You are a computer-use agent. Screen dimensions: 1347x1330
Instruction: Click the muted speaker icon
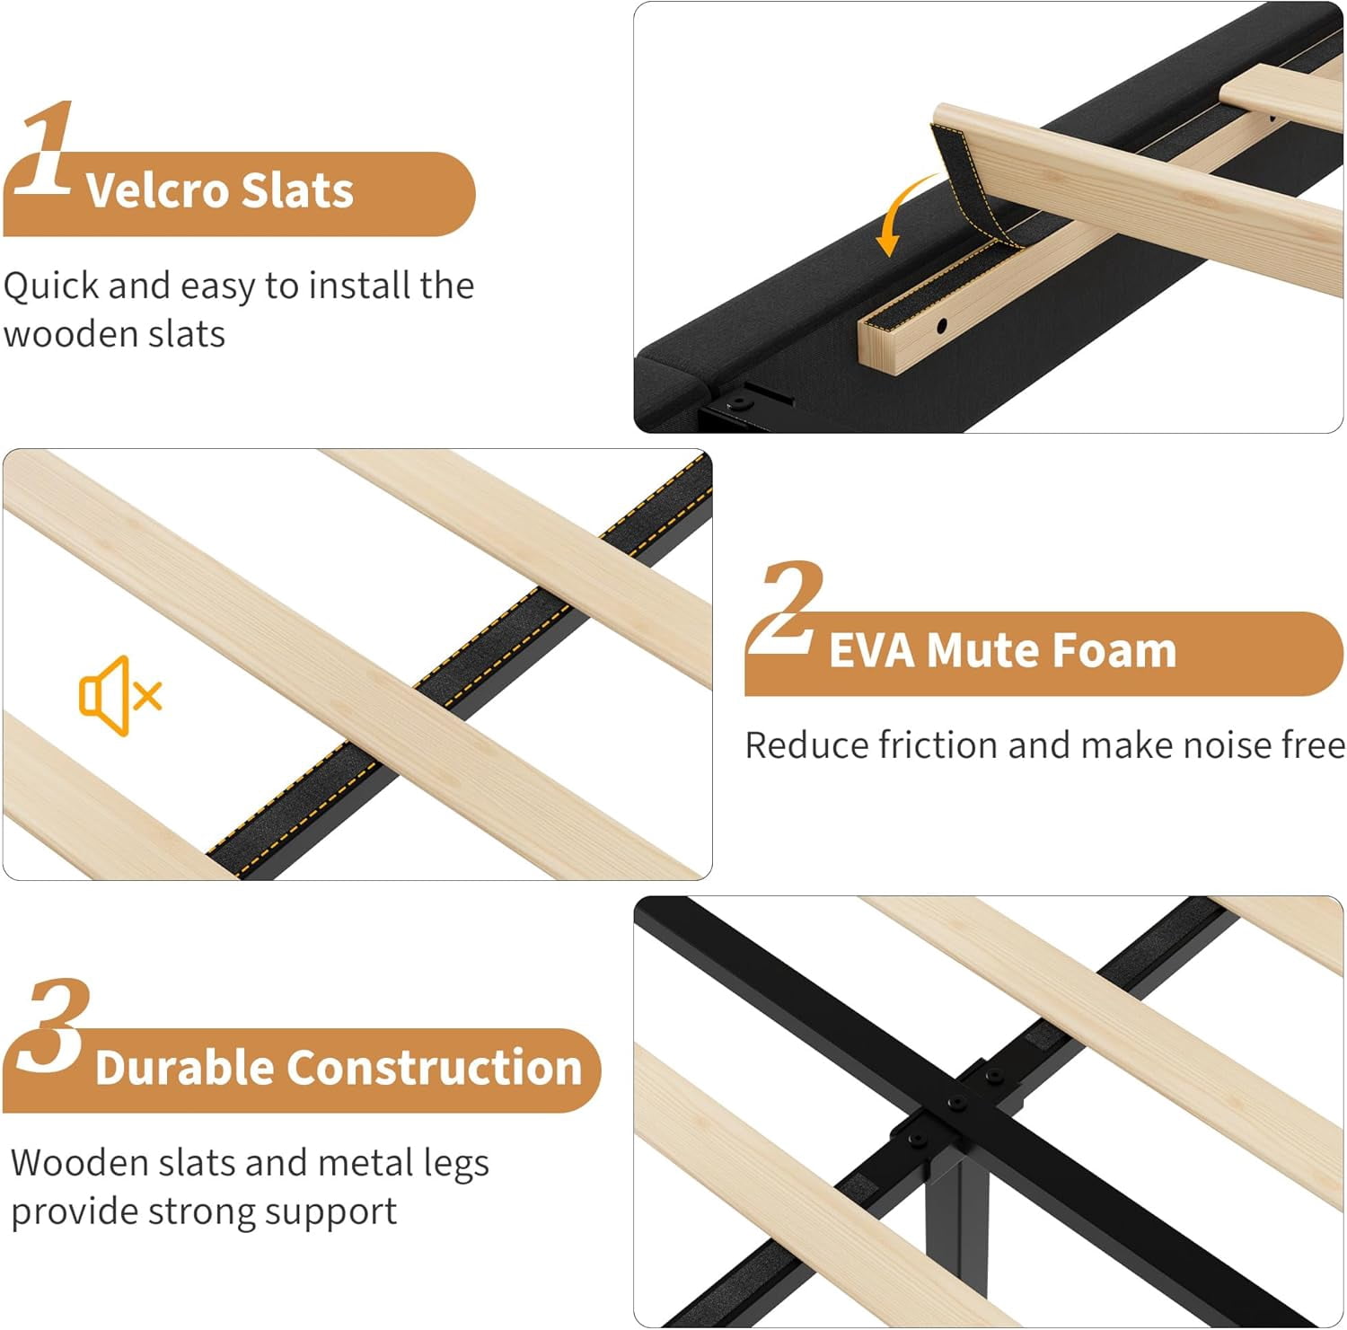[120, 696]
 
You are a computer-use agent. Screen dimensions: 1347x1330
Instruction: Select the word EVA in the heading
[872, 650]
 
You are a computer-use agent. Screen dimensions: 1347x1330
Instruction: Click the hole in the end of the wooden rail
[941, 326]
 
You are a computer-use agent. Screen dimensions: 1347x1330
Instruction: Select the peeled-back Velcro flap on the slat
[974, 180]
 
